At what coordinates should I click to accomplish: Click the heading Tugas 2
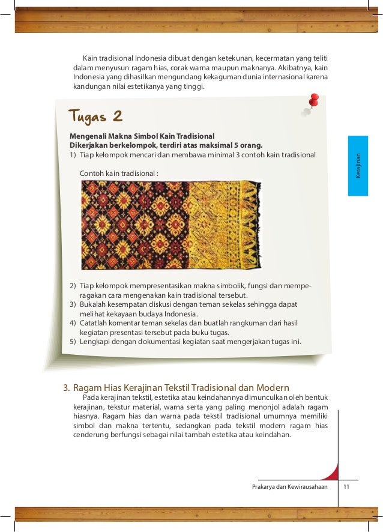pyautogui.click(x=95, y=115)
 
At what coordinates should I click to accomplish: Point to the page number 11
pyautogui.click(x=345, y=488)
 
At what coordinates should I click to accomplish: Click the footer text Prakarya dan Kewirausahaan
pyautogui.click(x=290, y=488)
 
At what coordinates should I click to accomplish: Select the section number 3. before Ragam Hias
pyautogui.click(x=68, y=387)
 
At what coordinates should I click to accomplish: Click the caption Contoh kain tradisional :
pyautogui.click(x=119, y=174)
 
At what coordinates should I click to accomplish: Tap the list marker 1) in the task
pyautogui.click(x=73, y=154)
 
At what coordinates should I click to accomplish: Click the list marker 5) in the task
pyautogui.click(x=73, y=342)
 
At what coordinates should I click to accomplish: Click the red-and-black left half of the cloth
pyautogui.click(x=135, y=225)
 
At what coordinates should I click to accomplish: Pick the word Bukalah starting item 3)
pyautogui.click(x=94, y=304)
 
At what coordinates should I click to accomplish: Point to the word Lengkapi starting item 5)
pyautogui.click(x=95, y=342)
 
